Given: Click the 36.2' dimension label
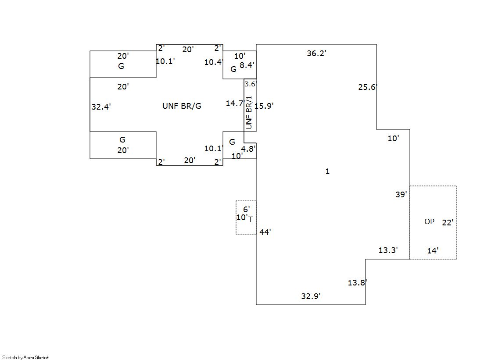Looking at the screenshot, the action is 316,53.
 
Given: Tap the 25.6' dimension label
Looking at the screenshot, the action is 368,87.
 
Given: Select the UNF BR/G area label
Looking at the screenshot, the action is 182,106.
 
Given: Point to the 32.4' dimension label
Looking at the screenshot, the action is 101,107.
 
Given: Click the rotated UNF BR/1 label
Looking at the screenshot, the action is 249,112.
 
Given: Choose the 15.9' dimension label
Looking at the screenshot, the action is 264,106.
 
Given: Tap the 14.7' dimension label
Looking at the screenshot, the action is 235,103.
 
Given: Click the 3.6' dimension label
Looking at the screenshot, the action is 250,84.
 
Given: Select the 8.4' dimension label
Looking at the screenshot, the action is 247,65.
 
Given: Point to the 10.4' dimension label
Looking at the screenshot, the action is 214,62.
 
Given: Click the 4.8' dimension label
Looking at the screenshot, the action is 248,149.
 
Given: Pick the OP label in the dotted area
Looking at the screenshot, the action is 429,221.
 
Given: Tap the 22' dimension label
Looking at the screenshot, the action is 448,222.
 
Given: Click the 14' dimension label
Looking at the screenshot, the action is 433,250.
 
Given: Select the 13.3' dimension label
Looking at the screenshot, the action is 388,250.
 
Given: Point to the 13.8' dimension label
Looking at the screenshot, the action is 357,282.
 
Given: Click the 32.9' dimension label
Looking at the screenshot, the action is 311,296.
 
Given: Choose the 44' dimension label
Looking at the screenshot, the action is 265,232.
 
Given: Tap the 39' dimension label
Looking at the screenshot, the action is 401,194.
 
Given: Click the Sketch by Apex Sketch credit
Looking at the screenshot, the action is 26,357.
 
